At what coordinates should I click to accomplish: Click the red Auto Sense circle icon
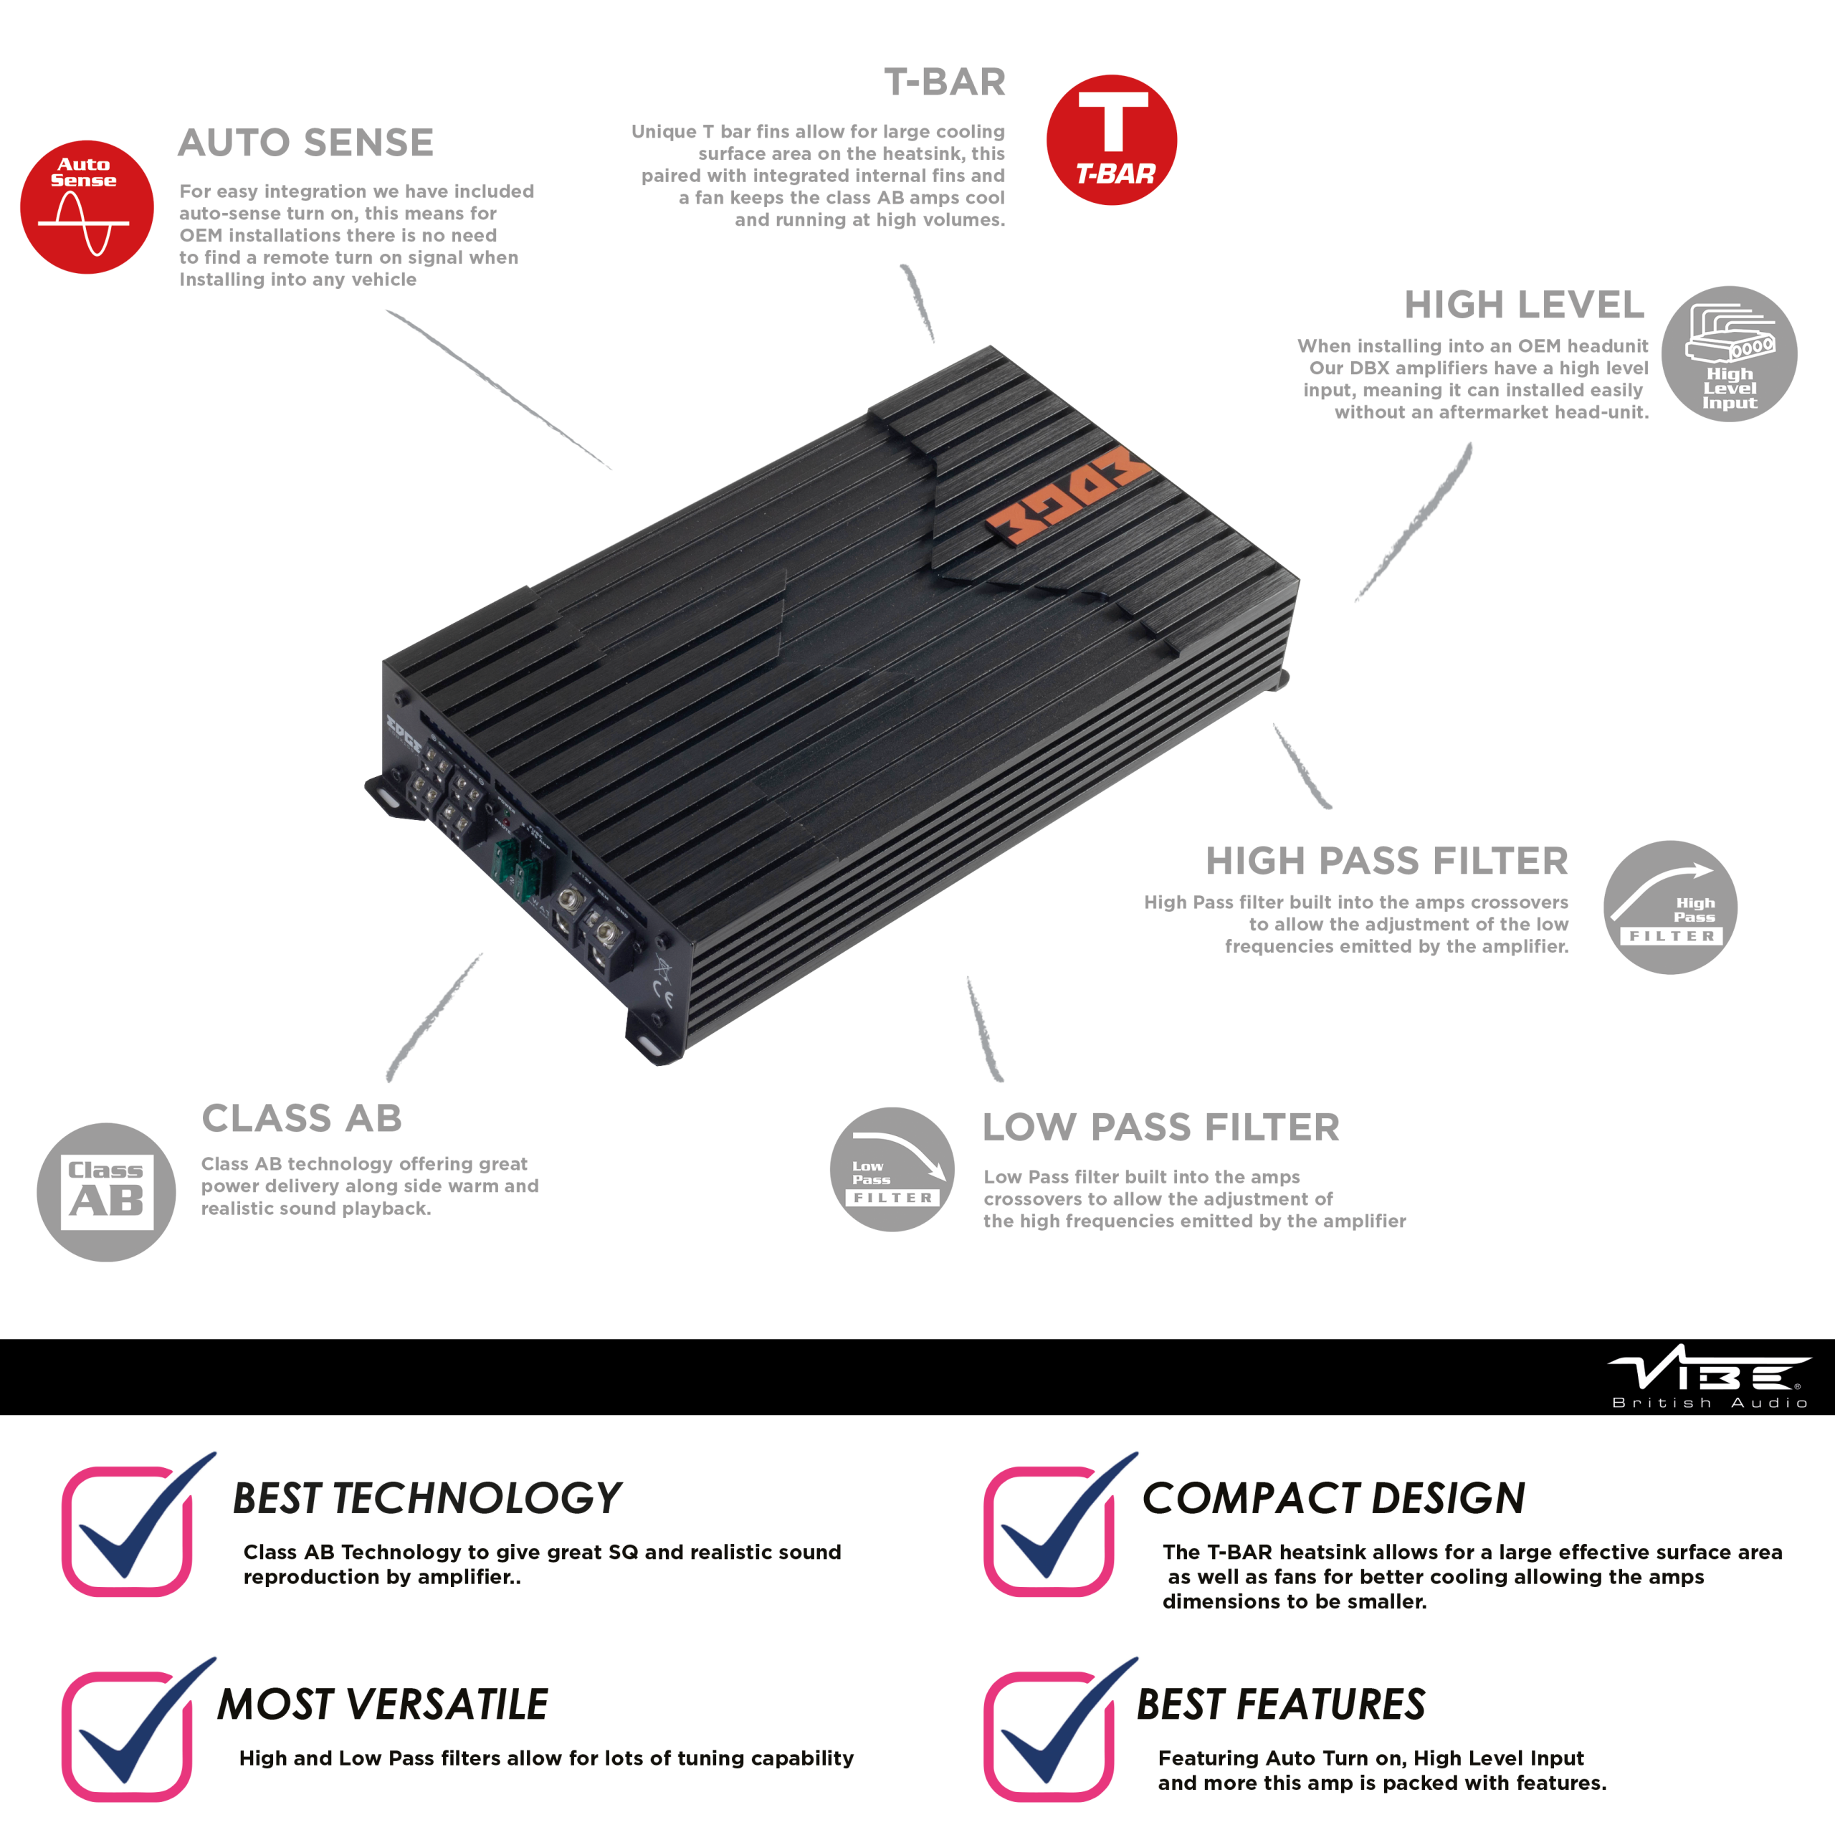[x=87, y=207]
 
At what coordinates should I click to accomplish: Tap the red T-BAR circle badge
[x=1111, y=140]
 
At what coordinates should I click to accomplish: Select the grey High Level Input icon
[x=1729, y=353]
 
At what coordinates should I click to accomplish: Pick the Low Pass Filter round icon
[x=892, y=1169]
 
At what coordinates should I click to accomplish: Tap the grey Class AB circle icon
[x=106, y=1192]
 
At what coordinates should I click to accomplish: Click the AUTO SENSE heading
[x=306, y=143]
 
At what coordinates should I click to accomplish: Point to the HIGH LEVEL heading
[x=1523, y=305]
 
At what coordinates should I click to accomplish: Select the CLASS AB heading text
[x=302, y=1118]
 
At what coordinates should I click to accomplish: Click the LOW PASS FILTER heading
[x=1160, y=1128]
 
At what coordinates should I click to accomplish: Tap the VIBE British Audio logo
[x=1709, y=1376]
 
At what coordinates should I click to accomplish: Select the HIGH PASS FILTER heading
[x=1387, y=860]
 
